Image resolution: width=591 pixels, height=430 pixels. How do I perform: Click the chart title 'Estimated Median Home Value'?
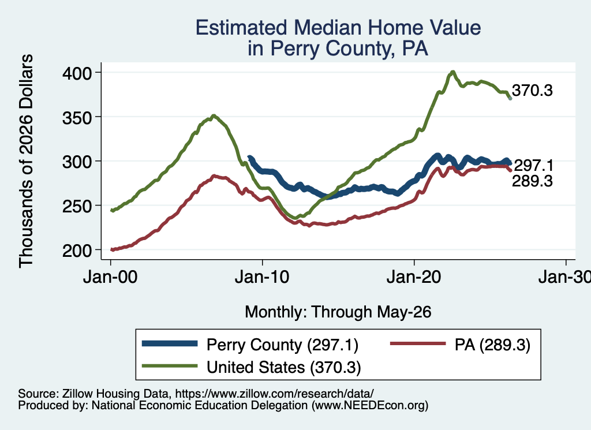pyautogui.click(x=338, y=28)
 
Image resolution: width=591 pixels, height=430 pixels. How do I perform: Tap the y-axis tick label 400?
pyautogui.click(x=77, y=73)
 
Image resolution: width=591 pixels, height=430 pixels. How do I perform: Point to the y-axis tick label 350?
pyautogui.click(x=77, y=118)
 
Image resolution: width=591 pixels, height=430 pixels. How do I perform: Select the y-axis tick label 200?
pyautogui.click(x=77, y=250)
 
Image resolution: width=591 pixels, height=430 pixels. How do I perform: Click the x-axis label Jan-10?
pyautogui.click(x=262, y=277)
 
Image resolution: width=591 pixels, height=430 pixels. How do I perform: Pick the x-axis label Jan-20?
pyautogui.click(x=414, y=277)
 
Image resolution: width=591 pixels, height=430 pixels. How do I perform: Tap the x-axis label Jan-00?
pyautogui.click(x=110, y=277)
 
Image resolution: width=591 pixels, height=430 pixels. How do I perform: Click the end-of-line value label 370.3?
pyautogui.click(x=532, y=91)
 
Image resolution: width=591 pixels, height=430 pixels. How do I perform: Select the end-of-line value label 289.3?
pyautogui.click(x=532, y=181)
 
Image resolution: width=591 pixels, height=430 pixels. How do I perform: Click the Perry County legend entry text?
pyautogui.click(x=282, y=345)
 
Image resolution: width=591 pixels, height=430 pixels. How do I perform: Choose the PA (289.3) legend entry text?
pyautogui.click(x=492, y=345)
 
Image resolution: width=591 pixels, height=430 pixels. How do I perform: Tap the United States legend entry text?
pyautogui.click(x=284, y=367)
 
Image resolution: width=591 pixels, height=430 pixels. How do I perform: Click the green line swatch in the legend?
pyautogui.click(x=170, y=365)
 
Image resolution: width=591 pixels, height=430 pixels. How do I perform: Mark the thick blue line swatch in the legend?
pyautogui.click(x=170, y=343)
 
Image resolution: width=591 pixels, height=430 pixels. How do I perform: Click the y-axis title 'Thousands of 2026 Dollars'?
pyautogui.click(x=26, y=161)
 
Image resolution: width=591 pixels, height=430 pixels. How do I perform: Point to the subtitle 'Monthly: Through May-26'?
pyautogui.click(x=338, y=312)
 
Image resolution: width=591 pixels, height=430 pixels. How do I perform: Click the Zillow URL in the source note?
pyautogui.click(x=274, y=394)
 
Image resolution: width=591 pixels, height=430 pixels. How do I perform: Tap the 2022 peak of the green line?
pyautogui.click(x=452, y=72)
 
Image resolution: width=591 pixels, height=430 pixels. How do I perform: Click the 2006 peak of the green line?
pyautogui.click(x=214, y=115)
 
